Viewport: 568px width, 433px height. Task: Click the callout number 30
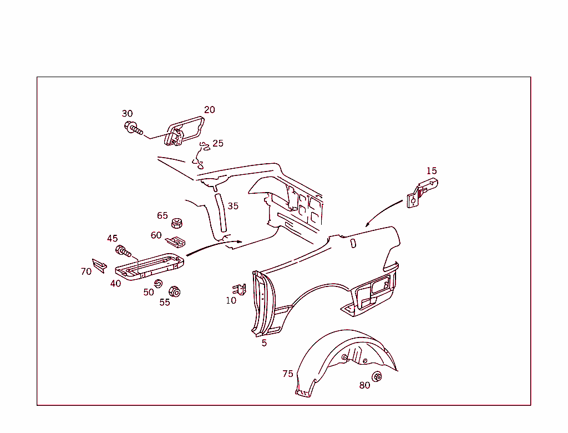pyautogui.click(x=128, y=114)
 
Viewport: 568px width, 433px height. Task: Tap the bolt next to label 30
pyautogui.click(x=133, y=129)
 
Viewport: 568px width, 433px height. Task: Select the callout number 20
pyautogui.click(x=209, y=110)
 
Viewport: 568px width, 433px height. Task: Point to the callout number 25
pyautogui.click(x=218, y=143)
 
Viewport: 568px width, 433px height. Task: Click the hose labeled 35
pyautogui.click(x=220, y=213)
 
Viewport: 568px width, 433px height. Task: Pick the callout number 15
pyautogui.click(x=432, y=171)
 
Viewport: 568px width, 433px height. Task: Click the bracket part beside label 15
pyautogui.click(x=422, y=192)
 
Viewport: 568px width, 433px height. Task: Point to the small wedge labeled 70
pyautogui.click(x=99, y=265)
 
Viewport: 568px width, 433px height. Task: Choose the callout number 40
pyautogui.click(x=115, y=284)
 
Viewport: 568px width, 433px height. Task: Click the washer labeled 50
pyautogui.click(x=158, y=284)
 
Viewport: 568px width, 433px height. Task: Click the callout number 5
pyautogui.click(x=264, y=343)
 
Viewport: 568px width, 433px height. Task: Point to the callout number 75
pyautogui.click(x=287, y=374)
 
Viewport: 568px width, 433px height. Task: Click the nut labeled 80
pyautogui.click(x=377, y=377)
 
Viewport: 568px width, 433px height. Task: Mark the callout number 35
pyautogui.click(x=233, y=206)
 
